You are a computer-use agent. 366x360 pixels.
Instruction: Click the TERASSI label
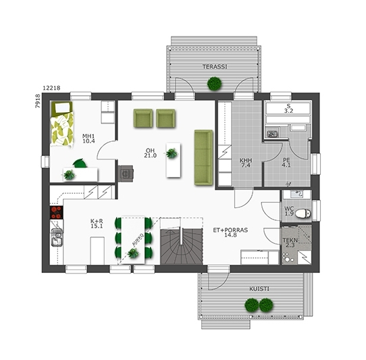pos(215,67)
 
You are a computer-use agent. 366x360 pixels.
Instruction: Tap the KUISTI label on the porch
pos(259,289)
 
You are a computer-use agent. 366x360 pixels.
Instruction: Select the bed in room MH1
pos(62,125)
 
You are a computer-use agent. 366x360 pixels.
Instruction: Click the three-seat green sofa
pos(203,158)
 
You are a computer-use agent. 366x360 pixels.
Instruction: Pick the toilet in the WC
pos(303,213)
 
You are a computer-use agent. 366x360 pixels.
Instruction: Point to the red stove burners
pos(56,213)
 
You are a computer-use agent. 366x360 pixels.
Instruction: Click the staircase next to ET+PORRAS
pos(182,247)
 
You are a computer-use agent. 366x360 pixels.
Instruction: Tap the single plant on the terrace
pos(215,84)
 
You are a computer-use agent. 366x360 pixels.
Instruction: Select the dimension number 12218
pos(51,88)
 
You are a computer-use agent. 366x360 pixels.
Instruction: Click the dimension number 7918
pos(38,101)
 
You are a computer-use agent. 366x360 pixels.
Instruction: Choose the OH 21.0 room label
pos(150,153)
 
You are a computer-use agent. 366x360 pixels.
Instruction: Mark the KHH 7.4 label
pos(246,163)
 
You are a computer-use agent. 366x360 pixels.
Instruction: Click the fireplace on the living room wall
pos(126,173)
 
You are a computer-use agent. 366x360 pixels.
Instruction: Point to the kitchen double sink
pos(57,238)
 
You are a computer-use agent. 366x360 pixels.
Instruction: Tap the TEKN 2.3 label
pos(290,242)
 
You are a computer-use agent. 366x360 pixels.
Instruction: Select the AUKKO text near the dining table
pos(138,240)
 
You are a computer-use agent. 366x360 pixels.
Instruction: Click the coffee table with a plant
pos(173,160)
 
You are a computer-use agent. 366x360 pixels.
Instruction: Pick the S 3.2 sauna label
pos(288,109)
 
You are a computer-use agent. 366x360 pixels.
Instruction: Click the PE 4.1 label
pos(286,163)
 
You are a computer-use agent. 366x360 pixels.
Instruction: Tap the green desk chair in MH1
pos(80,163)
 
